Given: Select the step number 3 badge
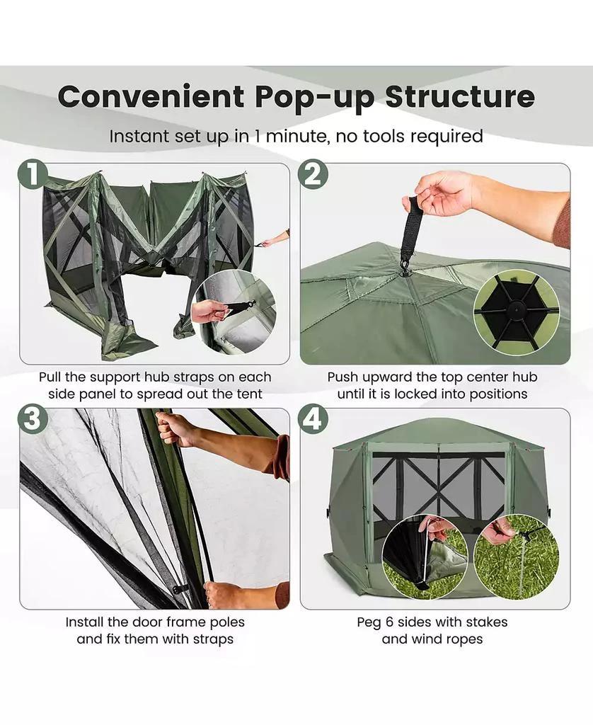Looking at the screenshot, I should coord(33,419).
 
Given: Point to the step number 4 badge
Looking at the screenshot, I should coord(313,419).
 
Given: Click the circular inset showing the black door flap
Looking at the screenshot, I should coord(425,556).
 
